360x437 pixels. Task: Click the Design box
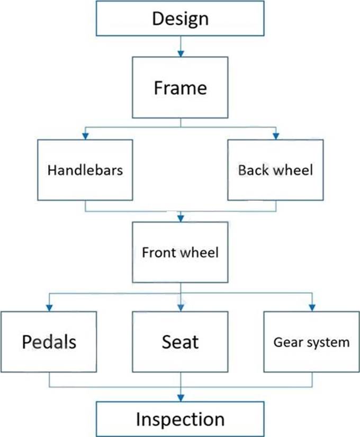pyautogui.click(x=180, y=19)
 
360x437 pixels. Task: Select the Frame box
pyautogui.click(x=180, y=88)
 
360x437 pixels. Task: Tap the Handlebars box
pyautogui.click(x=85, y=170)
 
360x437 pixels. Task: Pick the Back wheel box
pyautogui.click(x=275, y=170)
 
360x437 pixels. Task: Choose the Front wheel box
pyautogui.click(x=180, y=252)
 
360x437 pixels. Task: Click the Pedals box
pyautogui.click(x=49, y=341)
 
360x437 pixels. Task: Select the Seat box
pyautogui.click(x=180, y=341)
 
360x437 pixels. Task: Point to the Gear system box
pyautogui.click(x=311, y=341)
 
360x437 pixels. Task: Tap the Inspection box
pyautogui.click(x=180, y=419)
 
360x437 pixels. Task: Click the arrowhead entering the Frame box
pyautogui.click(x=180, y=54)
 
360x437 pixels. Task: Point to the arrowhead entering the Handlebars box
pyautogui.click(x=85, y=136)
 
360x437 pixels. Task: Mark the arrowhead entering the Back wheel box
pyautogui.click(x=275, y=136)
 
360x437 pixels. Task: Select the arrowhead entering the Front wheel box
pyautogui.click(x=180, y=218)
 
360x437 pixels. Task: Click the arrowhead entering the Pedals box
pyautogui.click(x=49, y=307)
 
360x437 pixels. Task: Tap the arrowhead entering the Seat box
pyautogui.click(x=180, y=307)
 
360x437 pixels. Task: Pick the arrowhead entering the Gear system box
pyautogui.click(x=311, y=307)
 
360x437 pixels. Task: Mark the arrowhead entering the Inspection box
pyautogui.click(x=180, y=398)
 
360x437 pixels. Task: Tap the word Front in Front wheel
pyautogui.click(x=158, y=252)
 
